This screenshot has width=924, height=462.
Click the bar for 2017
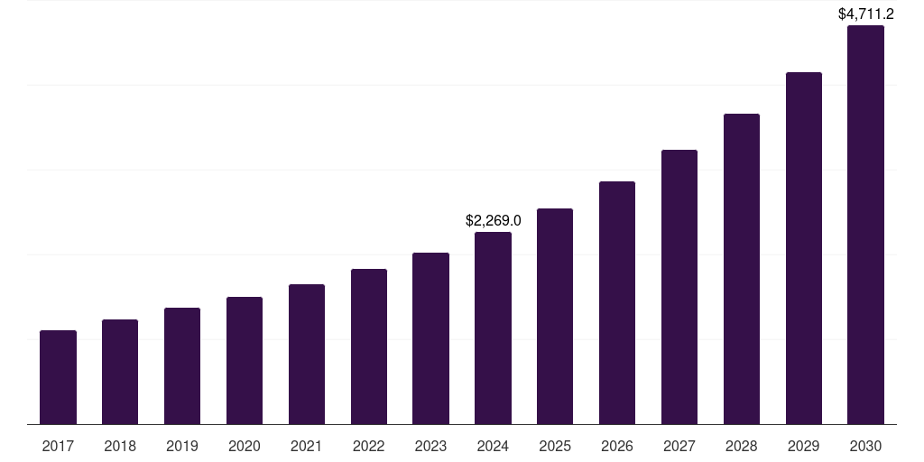(58, 377)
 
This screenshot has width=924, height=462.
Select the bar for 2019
(182, 365)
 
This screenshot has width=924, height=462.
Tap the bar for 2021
(307, 354)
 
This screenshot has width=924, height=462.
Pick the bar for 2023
(430, 338)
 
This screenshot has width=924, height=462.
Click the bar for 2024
(493, 328)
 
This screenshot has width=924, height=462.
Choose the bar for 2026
(617, 302)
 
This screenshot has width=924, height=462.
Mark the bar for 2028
(742, 269)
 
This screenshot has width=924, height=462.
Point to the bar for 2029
(803, 248)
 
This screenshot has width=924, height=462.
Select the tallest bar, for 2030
(865, 225)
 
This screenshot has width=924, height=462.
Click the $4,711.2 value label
(865, 14)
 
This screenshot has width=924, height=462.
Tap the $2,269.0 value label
(493, 220)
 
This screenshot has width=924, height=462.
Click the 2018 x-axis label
(120, 446)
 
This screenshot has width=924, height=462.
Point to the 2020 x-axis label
(245, 446)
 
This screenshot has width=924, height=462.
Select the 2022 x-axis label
(368, 446)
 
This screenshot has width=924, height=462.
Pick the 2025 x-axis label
(555, 446)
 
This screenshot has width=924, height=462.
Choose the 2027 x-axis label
(679, 446)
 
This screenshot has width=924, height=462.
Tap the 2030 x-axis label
(865, 446)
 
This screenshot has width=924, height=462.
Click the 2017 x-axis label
(58, 446)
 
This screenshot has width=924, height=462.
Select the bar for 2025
(555, 316)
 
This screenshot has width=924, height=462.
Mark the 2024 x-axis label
(493, 446)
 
